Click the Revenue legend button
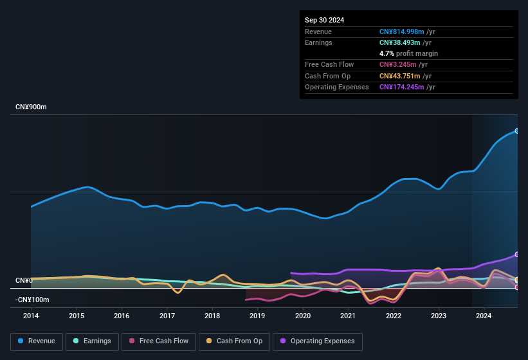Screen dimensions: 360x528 [37, 341]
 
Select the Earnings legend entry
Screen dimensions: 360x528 [92, 341]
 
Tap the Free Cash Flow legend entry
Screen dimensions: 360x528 [158, 341]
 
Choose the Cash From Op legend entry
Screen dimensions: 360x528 [234, 341]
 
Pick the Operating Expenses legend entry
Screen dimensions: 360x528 [318, 341]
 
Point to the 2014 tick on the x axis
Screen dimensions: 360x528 [31, 316]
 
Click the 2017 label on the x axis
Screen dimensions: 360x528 [167, 316]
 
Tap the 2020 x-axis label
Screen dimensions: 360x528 [303, 316]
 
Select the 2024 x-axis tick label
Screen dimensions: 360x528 [484, 316]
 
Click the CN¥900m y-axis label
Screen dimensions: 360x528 [32, 107]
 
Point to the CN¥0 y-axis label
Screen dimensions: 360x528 [24, 281]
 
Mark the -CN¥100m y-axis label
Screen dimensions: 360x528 [33, 300]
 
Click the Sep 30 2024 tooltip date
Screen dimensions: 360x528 [325, 20]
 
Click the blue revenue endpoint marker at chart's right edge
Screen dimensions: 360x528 [517, 131]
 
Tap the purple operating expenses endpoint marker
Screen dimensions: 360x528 [517, 255]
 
